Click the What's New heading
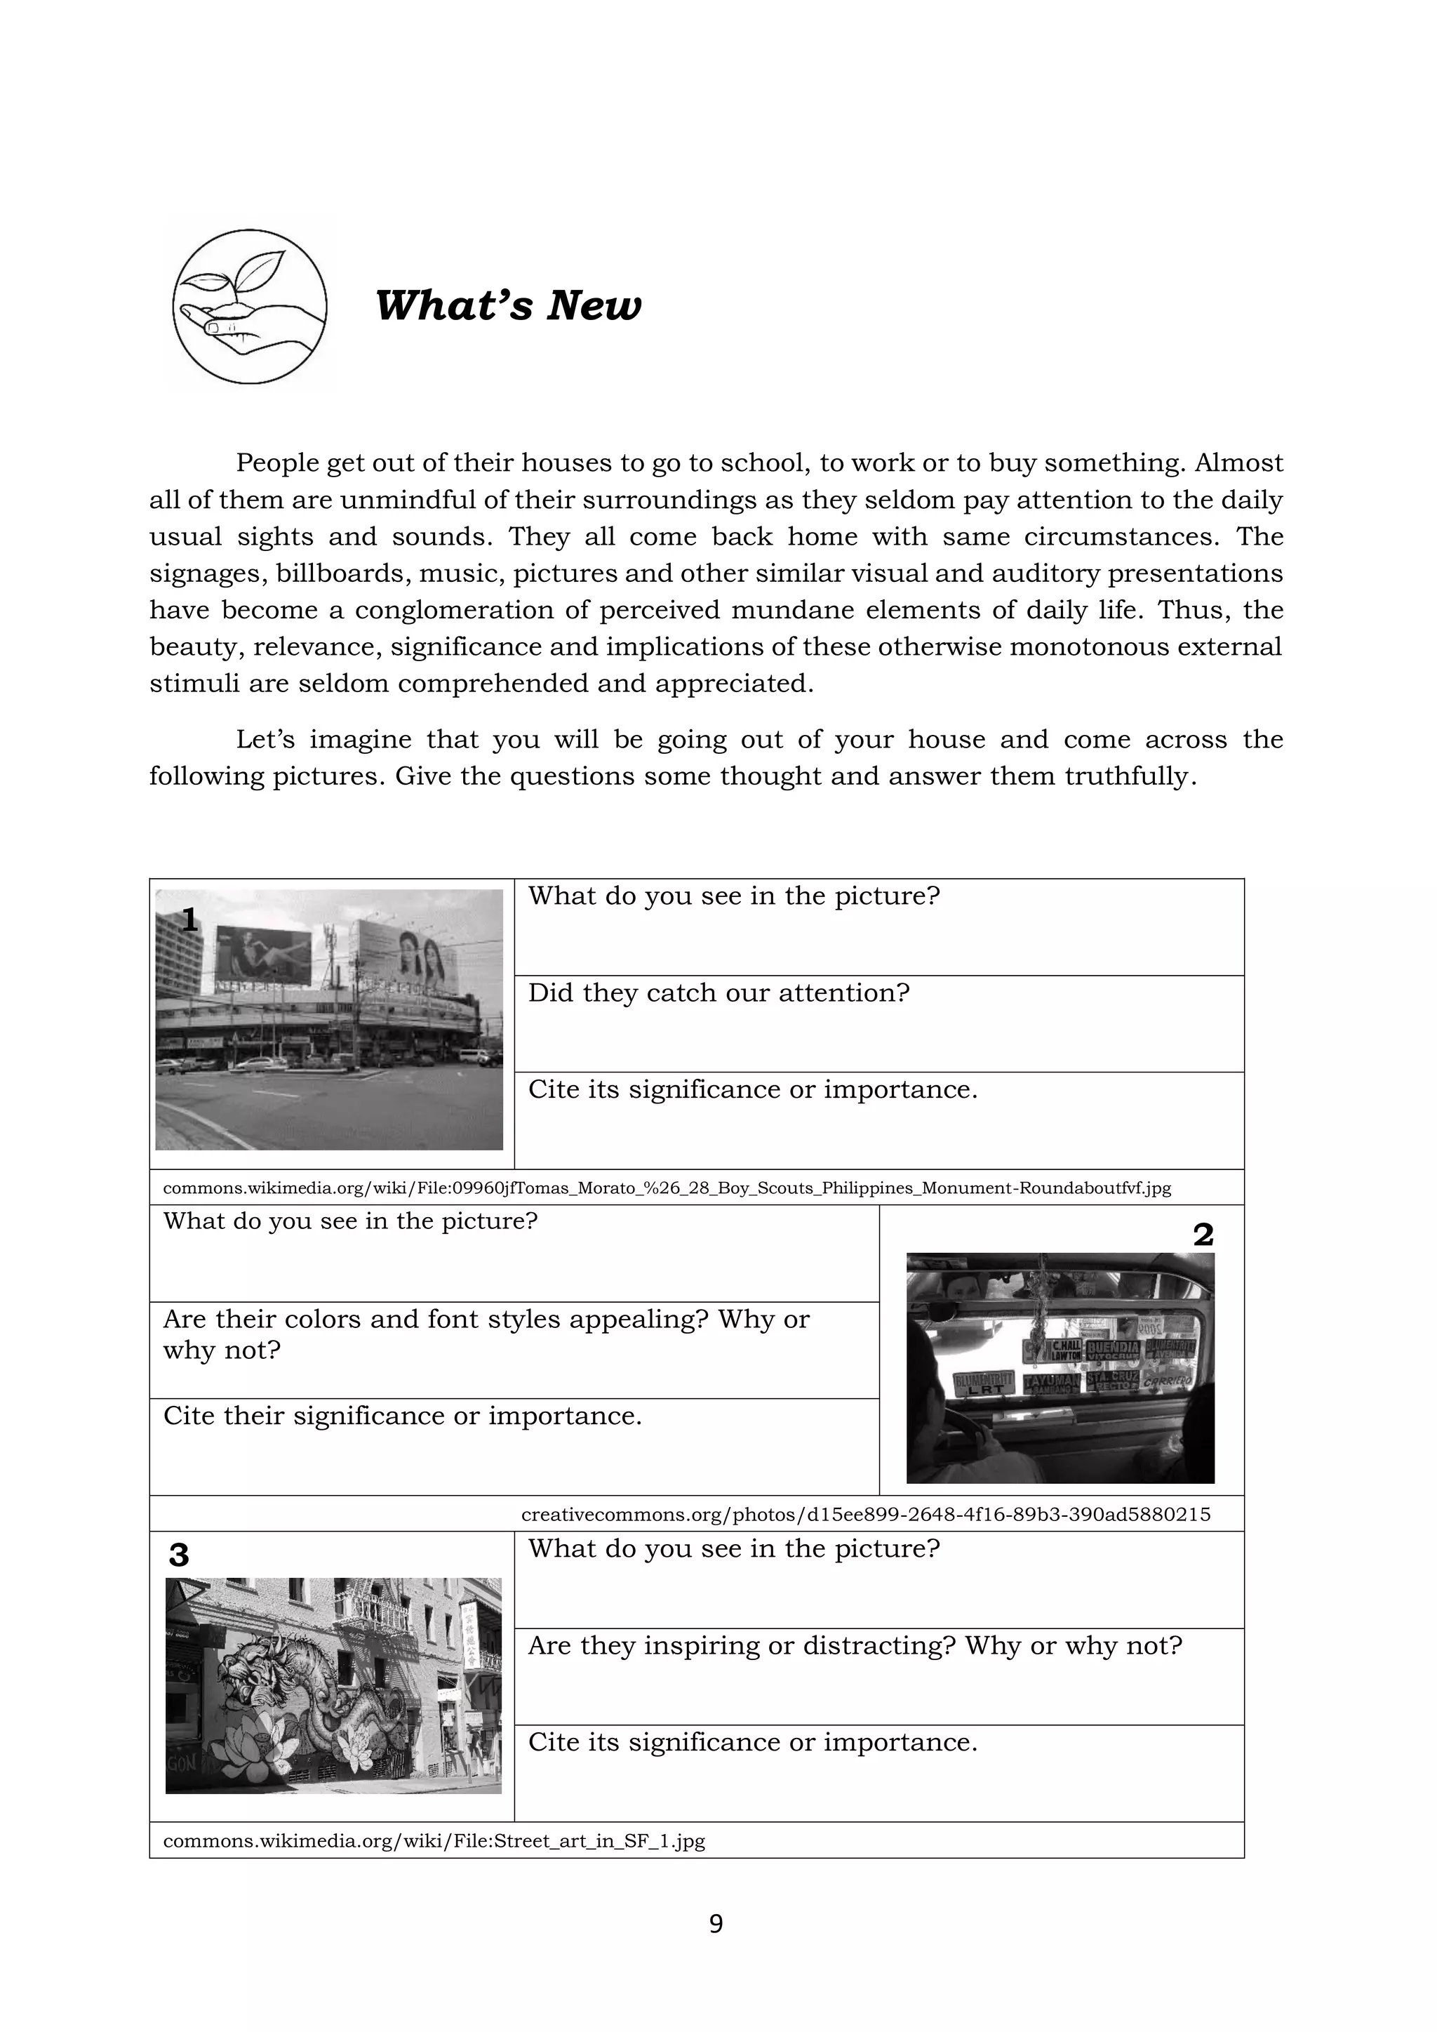[508, 306]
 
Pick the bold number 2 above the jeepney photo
[1203, 1235]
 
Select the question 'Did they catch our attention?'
[718, 993]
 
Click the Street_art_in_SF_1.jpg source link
[434, 1842]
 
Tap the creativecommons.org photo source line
[865, 1514]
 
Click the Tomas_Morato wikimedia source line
[667, 1188]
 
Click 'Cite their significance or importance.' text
[402, 1416]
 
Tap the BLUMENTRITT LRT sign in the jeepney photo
[984, 1383]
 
